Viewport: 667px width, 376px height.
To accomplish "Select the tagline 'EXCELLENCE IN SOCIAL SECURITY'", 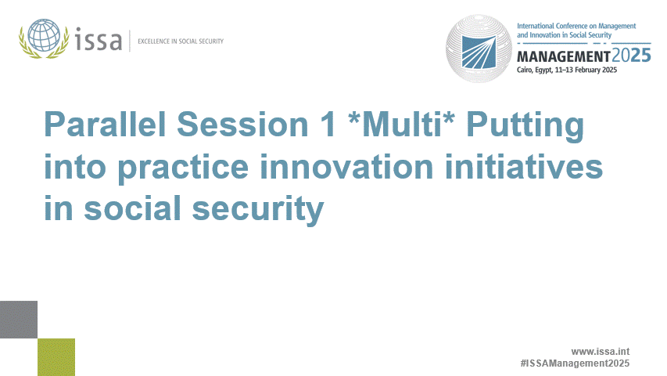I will [x=180, y=40].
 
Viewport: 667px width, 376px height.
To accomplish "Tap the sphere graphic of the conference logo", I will [x=479, y=49].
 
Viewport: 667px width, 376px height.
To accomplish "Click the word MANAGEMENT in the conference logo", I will [x=563, y=57].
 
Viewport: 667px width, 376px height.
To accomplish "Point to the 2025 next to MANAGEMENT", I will [x=630, y=56].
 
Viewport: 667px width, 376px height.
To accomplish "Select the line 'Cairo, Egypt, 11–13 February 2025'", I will [x=567, y=70].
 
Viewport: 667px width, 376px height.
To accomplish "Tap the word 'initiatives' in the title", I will [x=521, y=167].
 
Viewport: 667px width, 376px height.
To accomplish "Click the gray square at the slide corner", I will [x=18, y=320].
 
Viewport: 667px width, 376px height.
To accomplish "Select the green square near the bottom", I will [x=56, y=356].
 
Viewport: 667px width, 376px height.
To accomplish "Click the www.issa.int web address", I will [x=601, y=352].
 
